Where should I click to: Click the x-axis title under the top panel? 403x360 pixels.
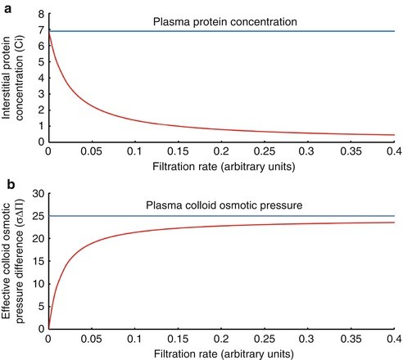(222, 166)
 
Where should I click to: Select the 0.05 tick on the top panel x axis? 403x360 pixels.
(92, 151)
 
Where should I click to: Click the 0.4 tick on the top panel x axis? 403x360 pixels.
(392, 151)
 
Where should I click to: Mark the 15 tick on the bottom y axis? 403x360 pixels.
(36, 261)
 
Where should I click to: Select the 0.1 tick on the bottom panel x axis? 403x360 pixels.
(135, 337)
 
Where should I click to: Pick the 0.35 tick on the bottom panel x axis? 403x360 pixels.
(351, 337)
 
